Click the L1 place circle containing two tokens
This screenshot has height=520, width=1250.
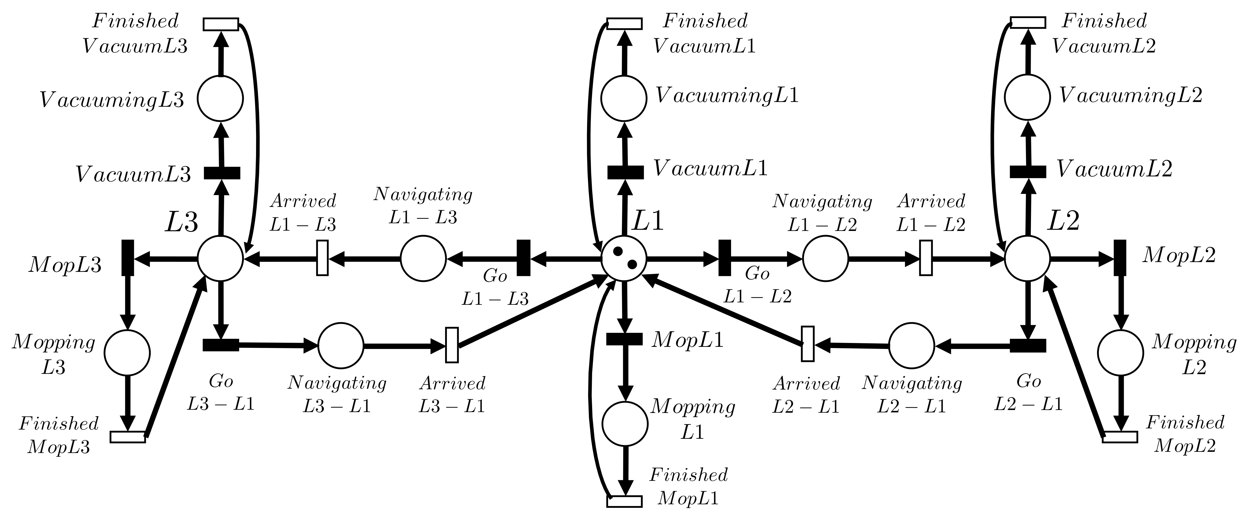click(624, 258)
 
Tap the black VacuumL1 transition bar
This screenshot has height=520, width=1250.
click(626, 172)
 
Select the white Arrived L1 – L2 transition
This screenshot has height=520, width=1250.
click(926, 258)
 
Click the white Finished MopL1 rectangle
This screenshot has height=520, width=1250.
click(624, 501)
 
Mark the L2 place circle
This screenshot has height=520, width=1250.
click(1027, 258)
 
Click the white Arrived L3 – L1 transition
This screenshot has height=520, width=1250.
click(452, 345)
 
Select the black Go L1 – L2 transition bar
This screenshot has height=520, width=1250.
click(725, 258)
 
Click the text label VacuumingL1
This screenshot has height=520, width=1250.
click(726, 96)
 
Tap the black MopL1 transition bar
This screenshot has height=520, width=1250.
click(624, 339)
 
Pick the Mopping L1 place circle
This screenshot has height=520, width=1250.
click(625, 423)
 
